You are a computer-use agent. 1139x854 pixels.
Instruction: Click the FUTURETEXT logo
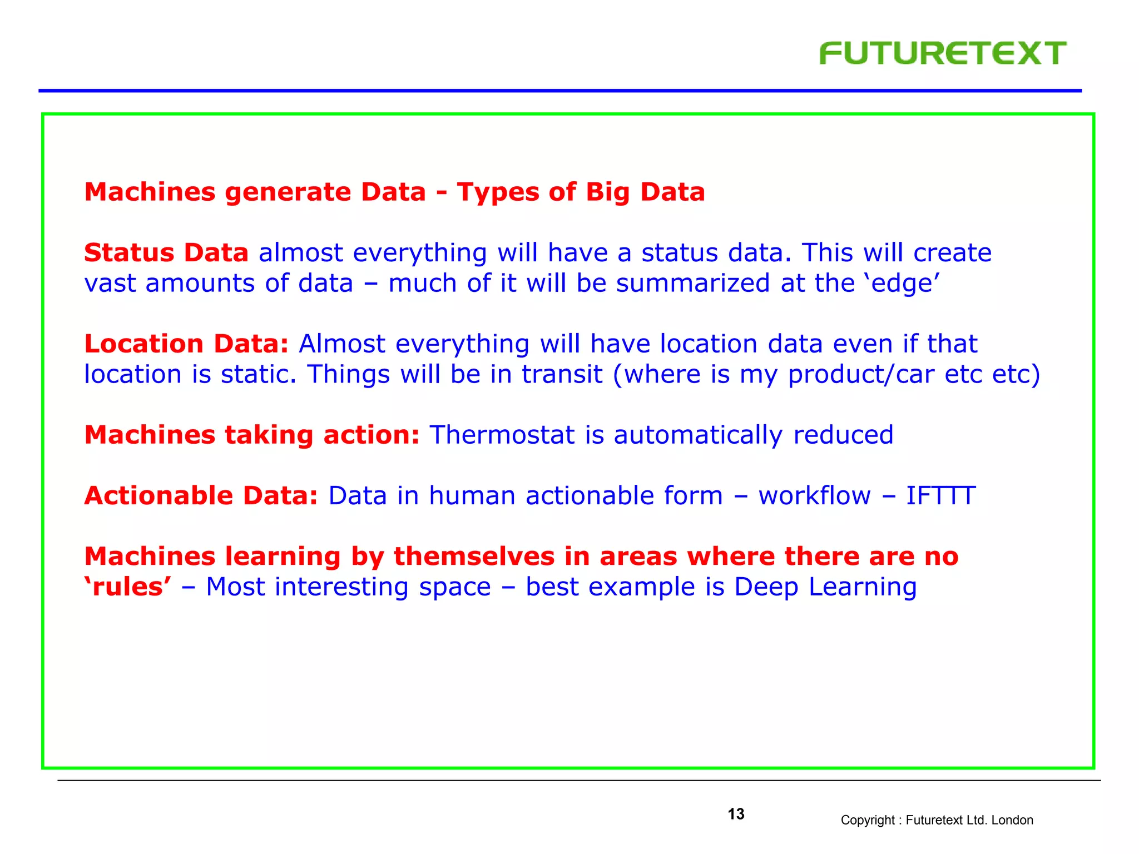942,53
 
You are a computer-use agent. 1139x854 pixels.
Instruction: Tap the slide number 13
736,814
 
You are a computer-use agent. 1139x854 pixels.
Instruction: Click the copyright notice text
937,820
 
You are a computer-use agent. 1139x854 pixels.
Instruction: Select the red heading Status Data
166,253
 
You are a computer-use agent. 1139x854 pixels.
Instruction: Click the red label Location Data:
186,344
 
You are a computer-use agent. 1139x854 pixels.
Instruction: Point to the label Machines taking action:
251,435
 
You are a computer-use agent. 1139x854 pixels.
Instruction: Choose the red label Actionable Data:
201,495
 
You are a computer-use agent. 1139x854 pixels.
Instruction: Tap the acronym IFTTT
940,495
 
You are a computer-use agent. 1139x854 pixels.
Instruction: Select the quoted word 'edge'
902,283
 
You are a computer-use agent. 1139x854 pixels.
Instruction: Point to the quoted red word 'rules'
128,587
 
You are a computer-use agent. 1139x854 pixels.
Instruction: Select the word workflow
814,495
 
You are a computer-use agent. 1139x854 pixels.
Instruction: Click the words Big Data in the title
645,192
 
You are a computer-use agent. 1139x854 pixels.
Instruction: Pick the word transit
562,374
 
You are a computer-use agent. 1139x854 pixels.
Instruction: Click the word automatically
698,435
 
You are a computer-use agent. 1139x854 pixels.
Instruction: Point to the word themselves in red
474,557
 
